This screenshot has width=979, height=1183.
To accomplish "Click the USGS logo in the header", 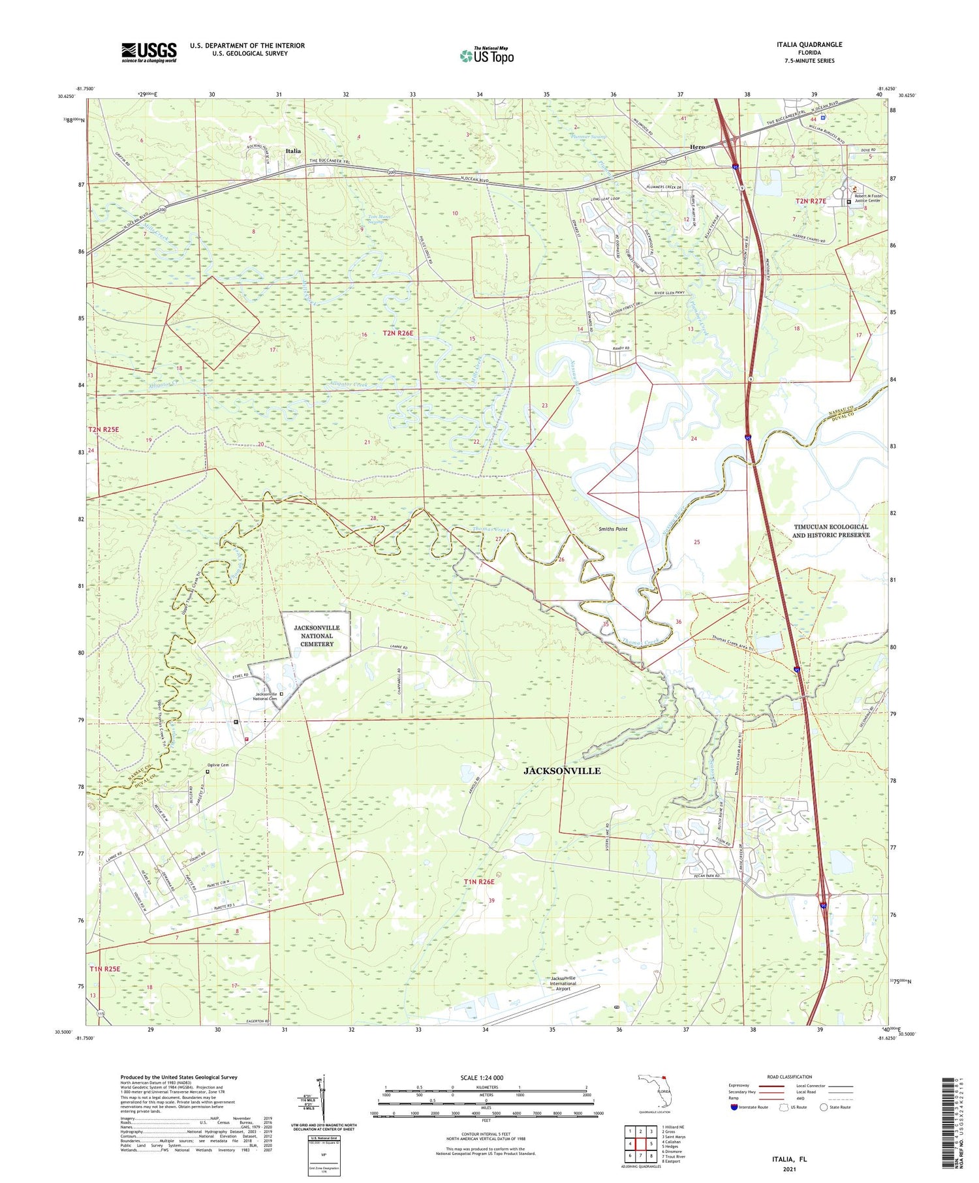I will pos(149,52).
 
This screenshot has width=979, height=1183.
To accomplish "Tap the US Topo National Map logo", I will pos(487,55).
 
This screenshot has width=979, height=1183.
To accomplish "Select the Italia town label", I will pos(293,151).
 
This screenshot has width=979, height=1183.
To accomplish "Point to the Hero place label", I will pos(697,147).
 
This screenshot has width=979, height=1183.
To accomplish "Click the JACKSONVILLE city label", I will pos(561,771).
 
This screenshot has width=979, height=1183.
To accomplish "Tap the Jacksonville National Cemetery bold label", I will pos(317,636).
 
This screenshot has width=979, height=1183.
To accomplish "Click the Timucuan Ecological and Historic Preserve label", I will pos(830,530).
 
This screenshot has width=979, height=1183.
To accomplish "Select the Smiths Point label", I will pos(612,529).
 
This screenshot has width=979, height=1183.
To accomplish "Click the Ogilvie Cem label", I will pos(217,765).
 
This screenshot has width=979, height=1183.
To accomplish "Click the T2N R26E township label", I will pos(398,333).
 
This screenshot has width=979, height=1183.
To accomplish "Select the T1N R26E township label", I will pos(479,882).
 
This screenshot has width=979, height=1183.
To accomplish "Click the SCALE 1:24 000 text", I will pos(481,1078).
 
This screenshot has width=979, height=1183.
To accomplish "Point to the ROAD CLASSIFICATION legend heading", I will pos(790,1077).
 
